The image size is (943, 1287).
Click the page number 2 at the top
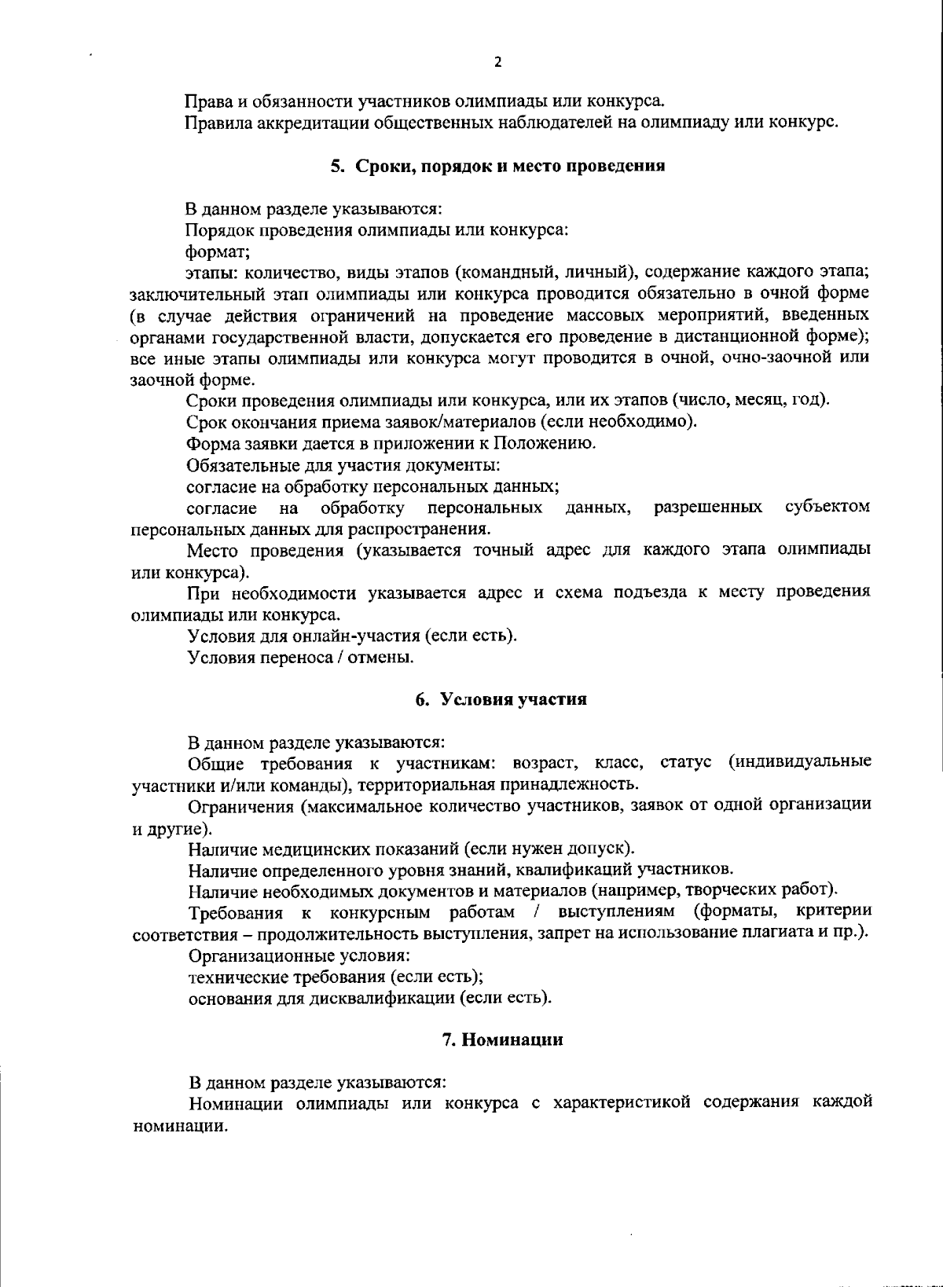pyautogui.click(x=497, y=63)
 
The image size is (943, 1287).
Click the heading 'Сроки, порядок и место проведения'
pyautogui.click(x=497, y=167)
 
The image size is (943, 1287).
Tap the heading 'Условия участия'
pyautogui.click(x=501, y=699)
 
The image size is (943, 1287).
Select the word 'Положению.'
pyautogui.click(x=552, y=443)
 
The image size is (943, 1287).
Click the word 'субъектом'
pyautogui.click(x=827, y=507)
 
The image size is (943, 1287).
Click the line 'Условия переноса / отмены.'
pyautogui.click(x=301, y=657)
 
